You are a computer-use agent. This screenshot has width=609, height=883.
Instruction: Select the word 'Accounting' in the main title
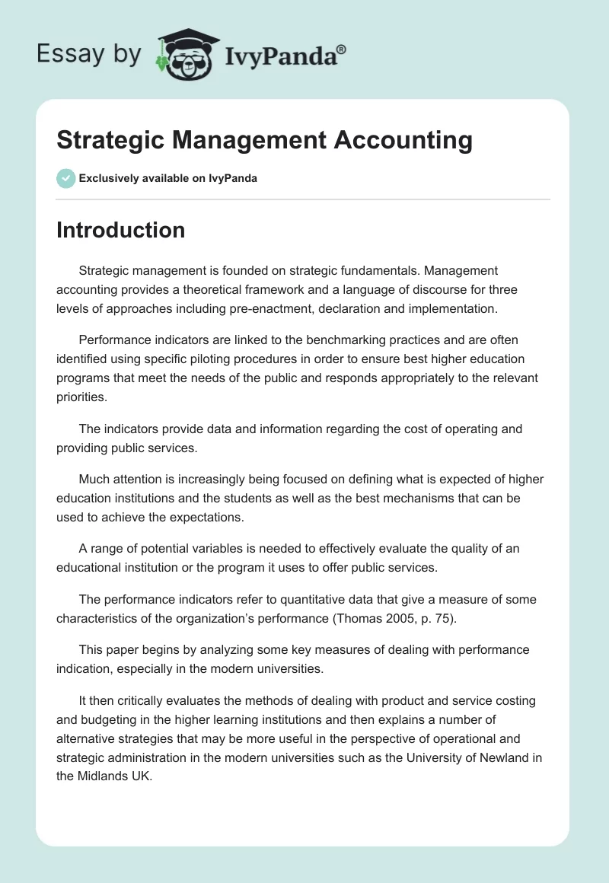[409, 141]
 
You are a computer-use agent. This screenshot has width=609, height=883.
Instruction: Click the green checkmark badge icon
[65, 178]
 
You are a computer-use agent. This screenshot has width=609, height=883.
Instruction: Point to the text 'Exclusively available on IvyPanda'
[168, 179]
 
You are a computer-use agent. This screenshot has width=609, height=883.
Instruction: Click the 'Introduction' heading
[120, 230]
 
